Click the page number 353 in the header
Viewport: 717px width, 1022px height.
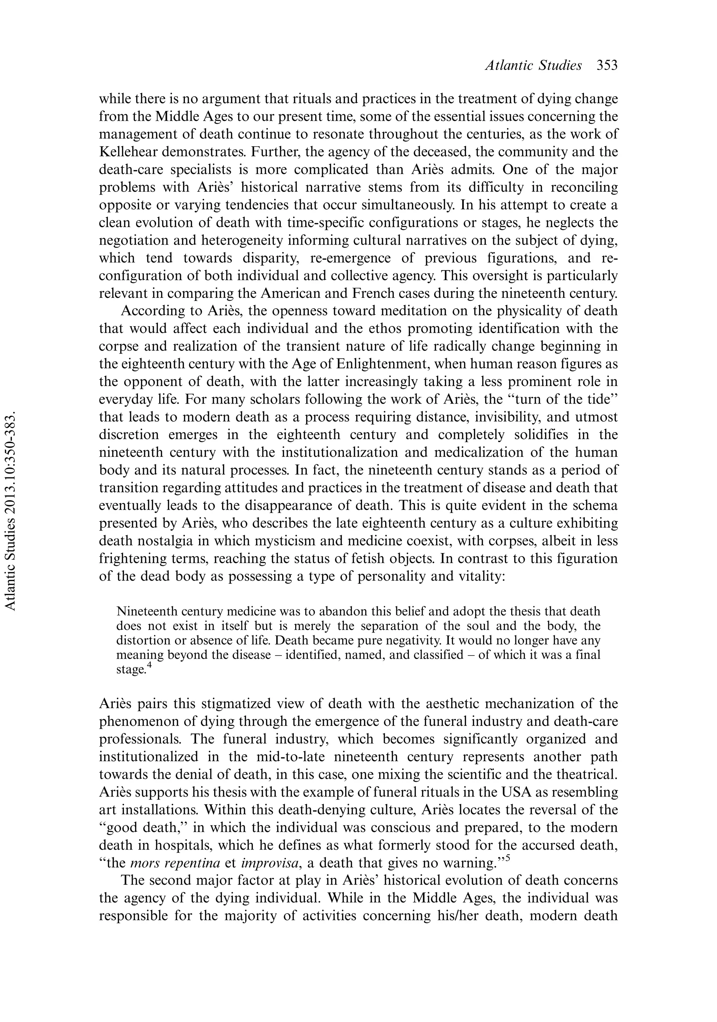coord(607,65)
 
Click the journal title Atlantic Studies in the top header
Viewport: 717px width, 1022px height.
coord(533,65)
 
